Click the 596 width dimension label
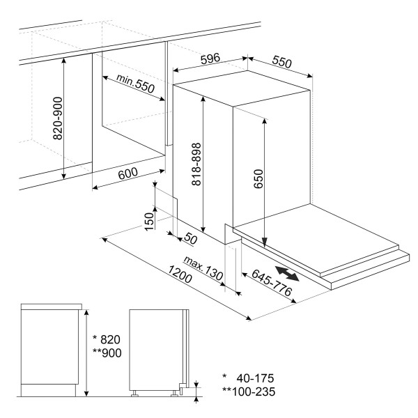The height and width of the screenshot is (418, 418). [x=210, y=59]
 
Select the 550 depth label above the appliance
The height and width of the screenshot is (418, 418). [x=281, y=62]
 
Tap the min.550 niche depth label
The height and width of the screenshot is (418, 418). [x=136, y=83]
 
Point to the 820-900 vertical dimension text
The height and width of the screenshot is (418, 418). [x=58, y=118]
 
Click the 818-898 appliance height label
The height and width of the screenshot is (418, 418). [x=196, y=164]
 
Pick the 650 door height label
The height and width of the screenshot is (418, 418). [x=258, y=179]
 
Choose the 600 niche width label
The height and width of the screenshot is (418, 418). [x=128, y=173]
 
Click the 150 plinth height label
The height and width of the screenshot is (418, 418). [x=149, y=222]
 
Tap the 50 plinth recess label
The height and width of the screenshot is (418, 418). [x=191, y=238]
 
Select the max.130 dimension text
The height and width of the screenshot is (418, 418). [x=203, y=268]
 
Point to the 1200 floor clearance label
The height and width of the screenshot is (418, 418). [x=180, y=274]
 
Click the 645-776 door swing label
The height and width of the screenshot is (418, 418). [x=272, y=283]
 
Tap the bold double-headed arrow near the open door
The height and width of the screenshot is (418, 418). [x=287, y=273]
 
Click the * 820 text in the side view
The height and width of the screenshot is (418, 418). [x=107, y=339]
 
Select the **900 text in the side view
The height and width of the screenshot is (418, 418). [x=107, y=353]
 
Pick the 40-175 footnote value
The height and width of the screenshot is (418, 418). [x=255, y=378]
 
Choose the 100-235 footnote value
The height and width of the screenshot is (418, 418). [x=254, y=392]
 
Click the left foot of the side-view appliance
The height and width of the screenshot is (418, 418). [x=134, y=394]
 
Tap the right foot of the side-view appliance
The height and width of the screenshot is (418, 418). [x=175, y=394]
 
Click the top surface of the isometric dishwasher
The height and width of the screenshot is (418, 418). [x=242, y=88]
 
